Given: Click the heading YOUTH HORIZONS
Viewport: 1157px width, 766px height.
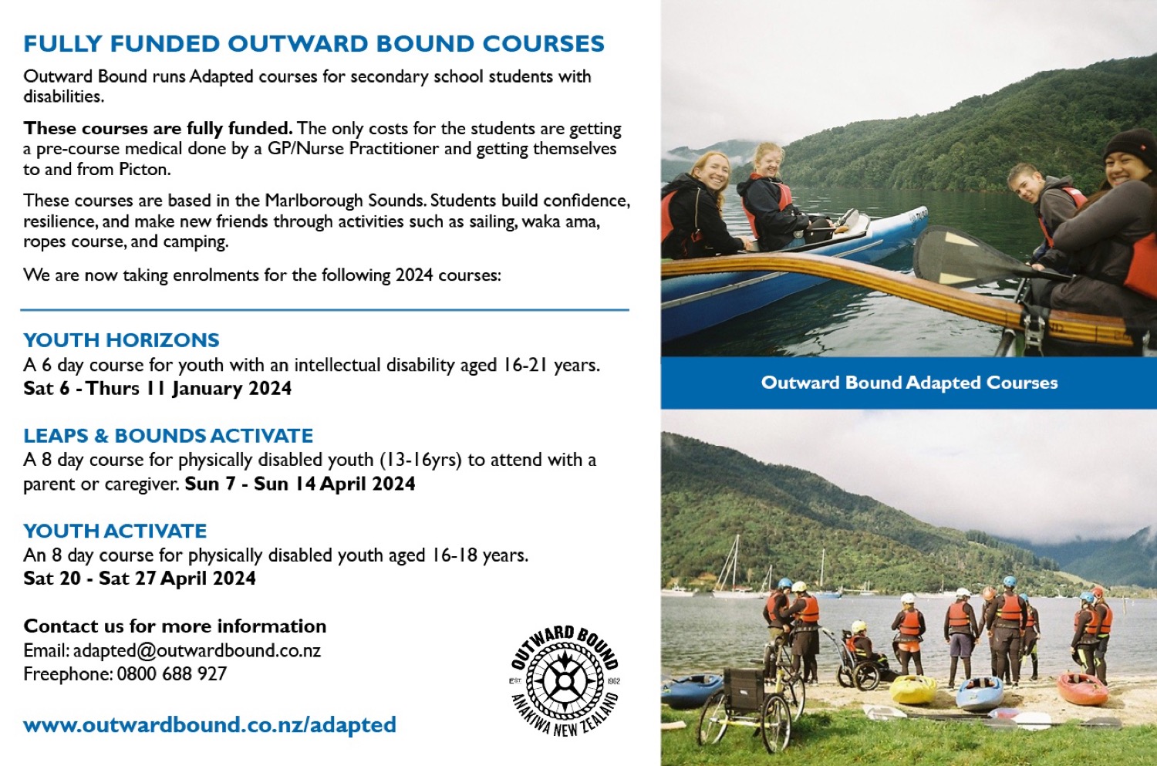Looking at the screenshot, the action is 121,340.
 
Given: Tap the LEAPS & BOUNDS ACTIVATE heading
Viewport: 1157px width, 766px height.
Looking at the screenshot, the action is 168,435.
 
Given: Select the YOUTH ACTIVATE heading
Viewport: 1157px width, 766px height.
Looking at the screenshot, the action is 115,531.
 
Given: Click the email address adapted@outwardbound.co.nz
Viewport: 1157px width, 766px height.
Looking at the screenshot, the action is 197,650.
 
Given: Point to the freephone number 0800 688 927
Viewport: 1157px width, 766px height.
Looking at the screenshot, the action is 172,673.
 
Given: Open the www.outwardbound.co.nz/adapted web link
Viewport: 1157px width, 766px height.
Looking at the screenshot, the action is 210,724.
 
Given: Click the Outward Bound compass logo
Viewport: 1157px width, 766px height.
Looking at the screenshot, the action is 565,681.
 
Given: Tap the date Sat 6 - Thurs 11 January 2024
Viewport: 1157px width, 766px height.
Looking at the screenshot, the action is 157,388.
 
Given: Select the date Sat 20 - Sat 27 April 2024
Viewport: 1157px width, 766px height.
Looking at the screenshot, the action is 140,578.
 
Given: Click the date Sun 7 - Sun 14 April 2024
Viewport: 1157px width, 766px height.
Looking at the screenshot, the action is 300,484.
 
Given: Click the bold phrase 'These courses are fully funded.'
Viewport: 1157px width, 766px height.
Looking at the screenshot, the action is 158,127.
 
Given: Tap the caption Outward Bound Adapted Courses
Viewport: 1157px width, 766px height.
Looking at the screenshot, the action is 909,382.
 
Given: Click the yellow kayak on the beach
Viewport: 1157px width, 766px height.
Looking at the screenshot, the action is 913,689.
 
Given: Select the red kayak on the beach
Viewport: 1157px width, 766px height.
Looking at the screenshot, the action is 1081,689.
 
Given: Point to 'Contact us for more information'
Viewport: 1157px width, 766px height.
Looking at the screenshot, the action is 174,626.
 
